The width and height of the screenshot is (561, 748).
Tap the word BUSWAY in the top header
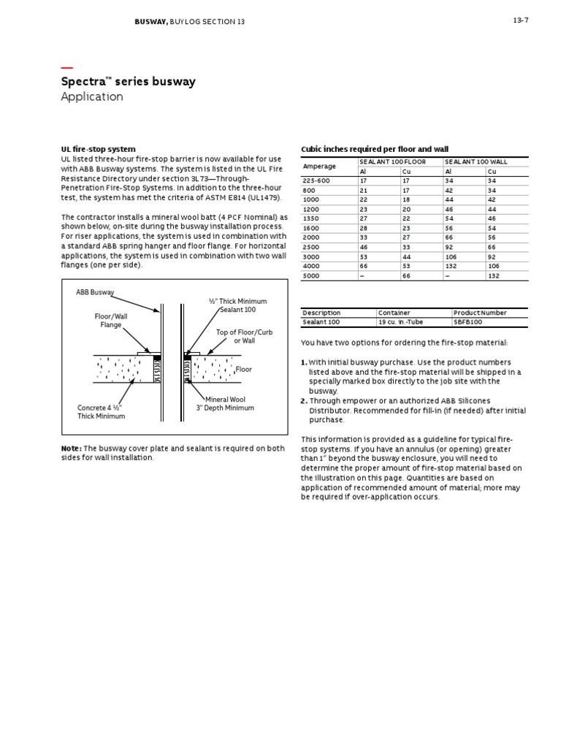(x=150, y=22)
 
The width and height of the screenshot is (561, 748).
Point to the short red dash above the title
(x=66, y=68)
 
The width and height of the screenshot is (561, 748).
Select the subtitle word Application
(x=92, y=97)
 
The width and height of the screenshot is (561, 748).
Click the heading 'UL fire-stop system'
(x=98, y=149)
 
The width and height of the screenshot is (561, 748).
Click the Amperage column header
(x=319, y=166)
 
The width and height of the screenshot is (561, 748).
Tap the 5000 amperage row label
(x=311, y=276)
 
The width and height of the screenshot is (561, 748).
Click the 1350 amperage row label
(x=311, y=218)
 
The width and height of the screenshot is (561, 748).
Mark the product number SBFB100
(x=468, y=321)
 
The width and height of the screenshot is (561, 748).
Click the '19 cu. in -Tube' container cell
(x=400, y=321)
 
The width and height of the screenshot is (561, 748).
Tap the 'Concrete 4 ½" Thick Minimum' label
(x=102, y=411)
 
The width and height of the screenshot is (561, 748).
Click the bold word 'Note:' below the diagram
(x=72, y=448)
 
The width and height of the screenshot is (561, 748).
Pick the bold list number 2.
(x=304, y=401)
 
